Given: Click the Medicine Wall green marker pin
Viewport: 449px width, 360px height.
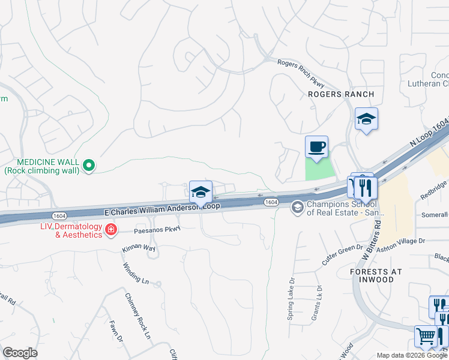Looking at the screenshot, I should (89, 164).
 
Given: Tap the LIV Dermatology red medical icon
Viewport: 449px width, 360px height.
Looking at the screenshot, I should (110, 229).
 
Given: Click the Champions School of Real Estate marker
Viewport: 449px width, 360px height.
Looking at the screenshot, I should (297, 208).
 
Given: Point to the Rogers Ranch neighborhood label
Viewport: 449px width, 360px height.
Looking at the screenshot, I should (340, 94).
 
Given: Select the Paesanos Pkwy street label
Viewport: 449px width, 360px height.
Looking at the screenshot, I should (149, 229).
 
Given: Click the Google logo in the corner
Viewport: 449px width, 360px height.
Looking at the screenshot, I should (20, 353).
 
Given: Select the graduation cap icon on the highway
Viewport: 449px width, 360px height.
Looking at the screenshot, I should (200, 192).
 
